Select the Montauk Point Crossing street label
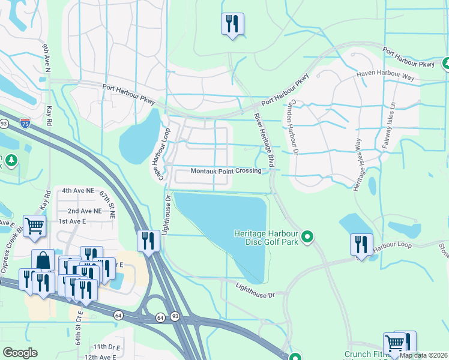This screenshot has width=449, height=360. click(x=226, y=171)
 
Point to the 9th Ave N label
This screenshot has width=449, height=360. click(x=45, y=58)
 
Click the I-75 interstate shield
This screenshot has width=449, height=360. click(x=25, y=121)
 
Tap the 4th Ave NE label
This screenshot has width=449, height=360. click(x=78, y=190)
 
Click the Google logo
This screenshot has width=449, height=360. click(x=20, y=353)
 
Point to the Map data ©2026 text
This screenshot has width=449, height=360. click(x=423, y=355)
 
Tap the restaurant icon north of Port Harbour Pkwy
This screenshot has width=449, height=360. click(x=232, y=24)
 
